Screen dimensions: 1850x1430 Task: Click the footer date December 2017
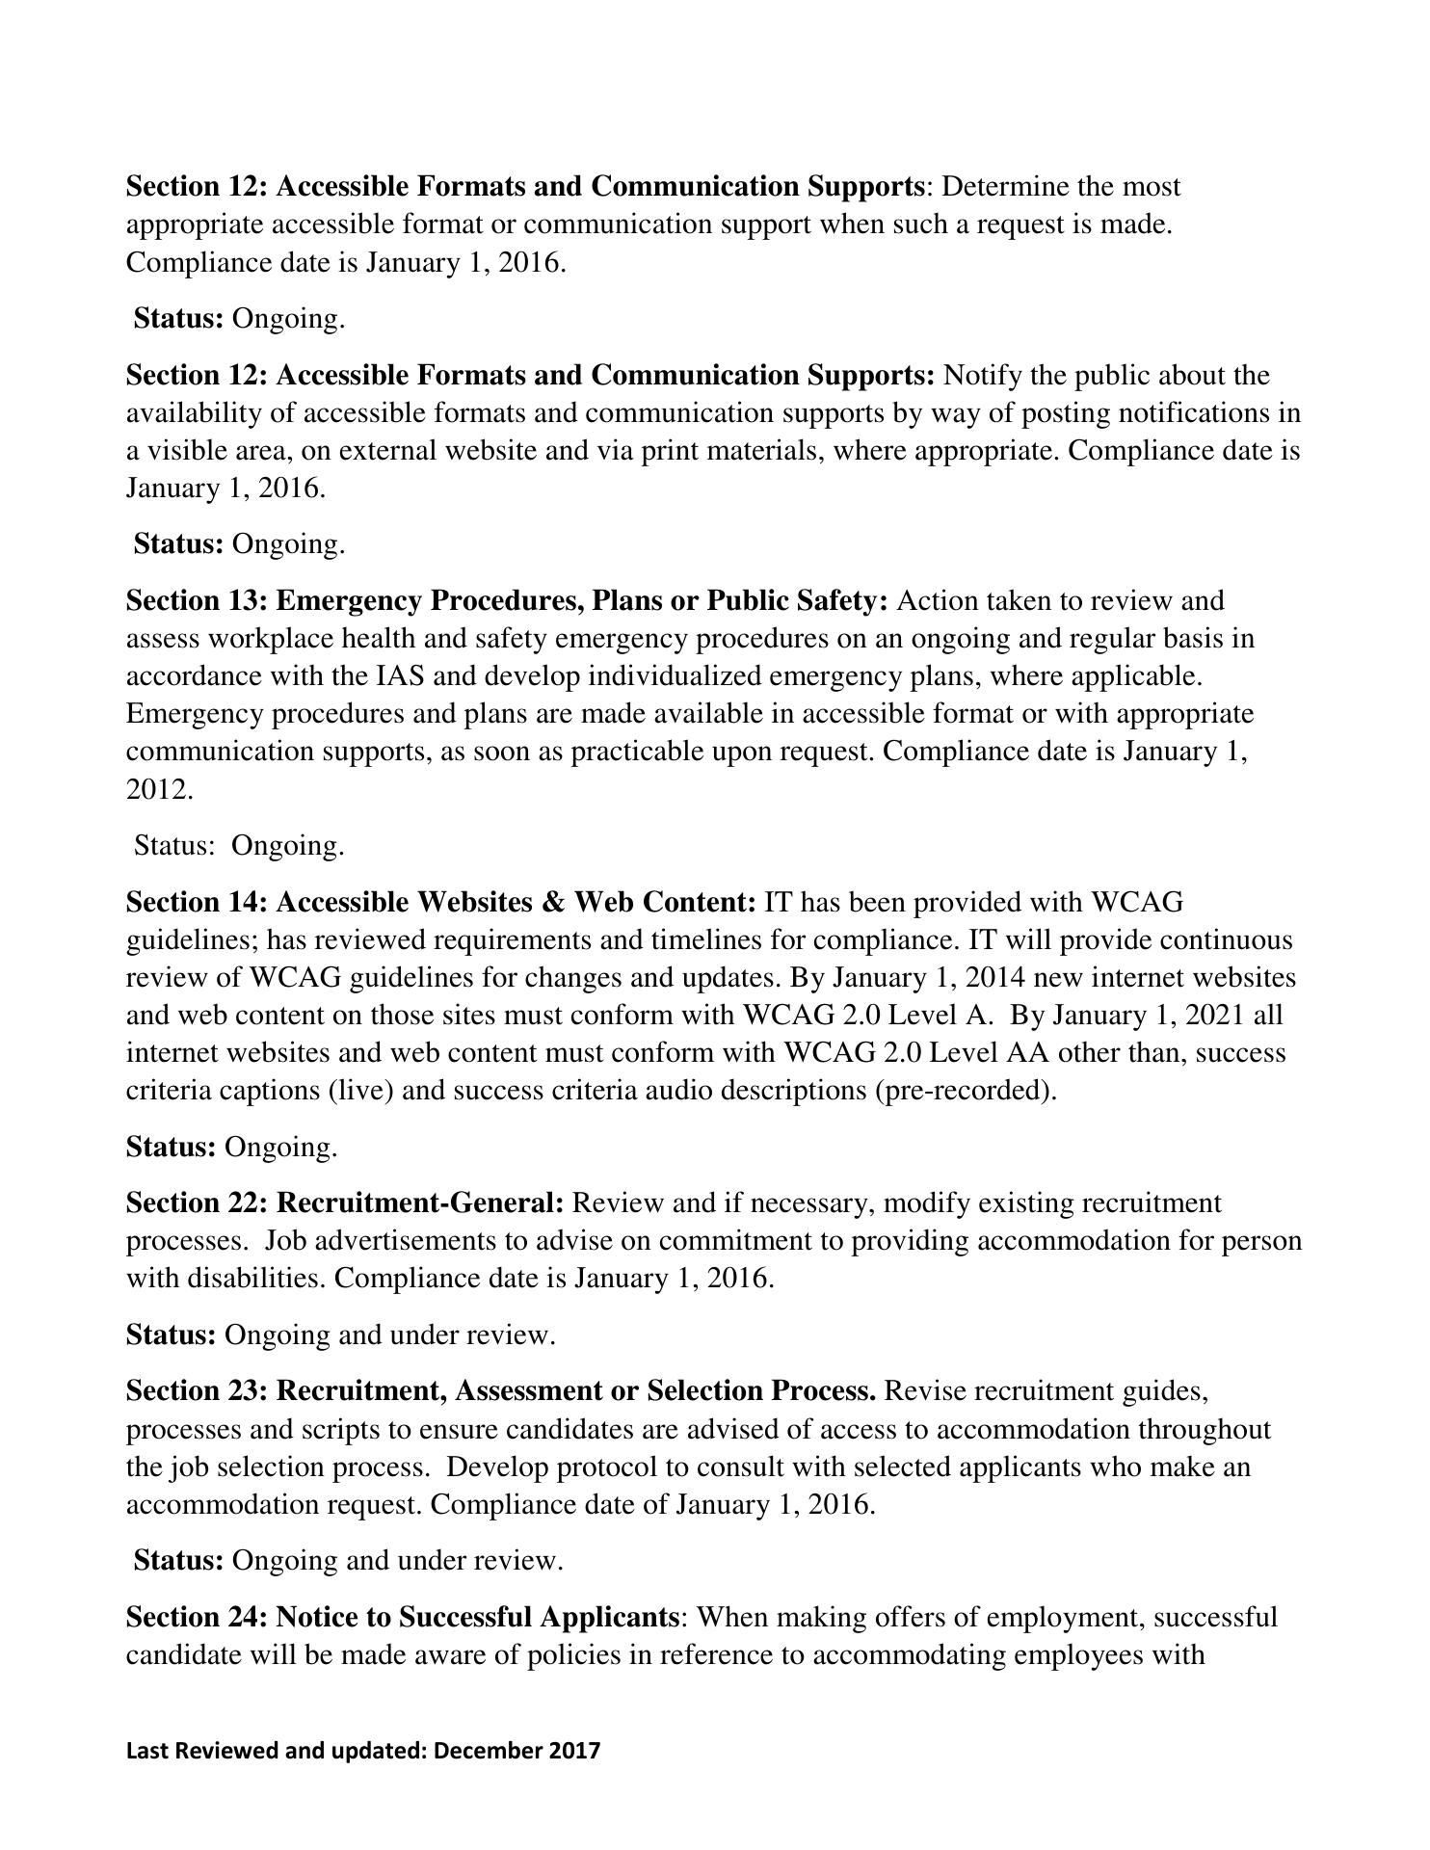point(516,1750)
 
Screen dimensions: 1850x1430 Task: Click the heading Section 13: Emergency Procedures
point(507,601)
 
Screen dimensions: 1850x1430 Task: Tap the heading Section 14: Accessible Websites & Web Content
point(440,903)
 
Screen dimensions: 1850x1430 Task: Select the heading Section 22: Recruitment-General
point(345,1203)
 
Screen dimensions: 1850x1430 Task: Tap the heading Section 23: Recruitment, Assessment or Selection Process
point(501,1392)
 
